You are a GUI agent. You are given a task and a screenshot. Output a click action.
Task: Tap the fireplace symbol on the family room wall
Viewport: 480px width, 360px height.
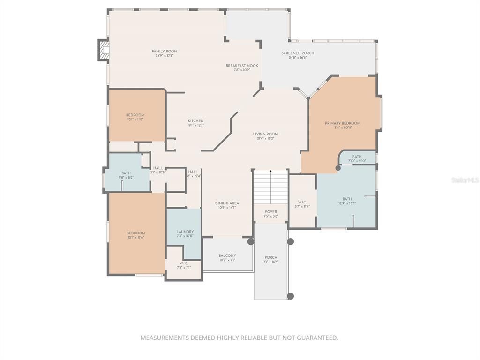tap(103, 50)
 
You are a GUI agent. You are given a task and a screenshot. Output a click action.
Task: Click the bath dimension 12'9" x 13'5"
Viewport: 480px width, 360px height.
tap(347, 203)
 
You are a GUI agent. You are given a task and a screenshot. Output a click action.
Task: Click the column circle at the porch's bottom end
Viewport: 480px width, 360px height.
tap(290, 296)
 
